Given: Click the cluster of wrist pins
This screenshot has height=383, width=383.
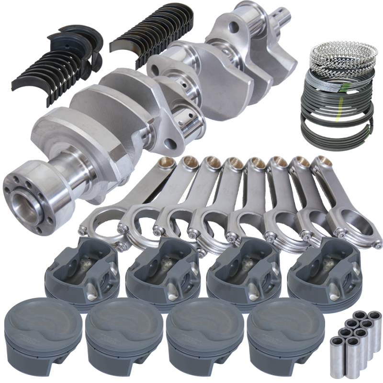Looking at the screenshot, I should click(x=352, y=335).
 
